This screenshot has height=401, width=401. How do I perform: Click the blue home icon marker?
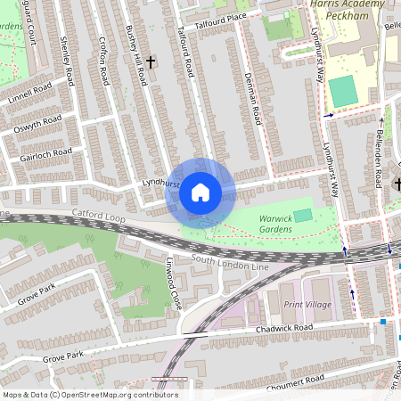[x=200, y=192]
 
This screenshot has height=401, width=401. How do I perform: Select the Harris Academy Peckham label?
[x=347, y=11]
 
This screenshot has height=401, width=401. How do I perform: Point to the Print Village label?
[x=307, y=305]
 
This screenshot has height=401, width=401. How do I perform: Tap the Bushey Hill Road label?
[x=136, y=55]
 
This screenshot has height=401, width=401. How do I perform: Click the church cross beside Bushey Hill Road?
[x=151, y=61]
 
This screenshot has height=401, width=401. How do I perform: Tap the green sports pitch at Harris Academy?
[x=342, y=91]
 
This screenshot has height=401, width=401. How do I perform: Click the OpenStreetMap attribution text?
[x=89, y=395]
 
